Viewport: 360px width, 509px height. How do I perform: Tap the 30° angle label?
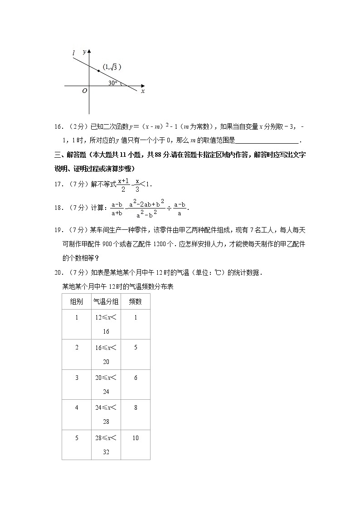click(x=113, y=82)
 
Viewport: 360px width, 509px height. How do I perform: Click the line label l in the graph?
click(x=73, y=53)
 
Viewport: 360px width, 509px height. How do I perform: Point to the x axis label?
click(x=142, y=91)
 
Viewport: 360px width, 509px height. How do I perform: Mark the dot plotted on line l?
click(x=98, y=71)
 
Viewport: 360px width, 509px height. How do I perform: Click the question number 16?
click(x=58, y=127)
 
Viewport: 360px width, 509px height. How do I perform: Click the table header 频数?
click(x=136, y=301)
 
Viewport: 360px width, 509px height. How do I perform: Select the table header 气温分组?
click(x=106, y=301)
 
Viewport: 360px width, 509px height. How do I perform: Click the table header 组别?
click(x=76, y=301)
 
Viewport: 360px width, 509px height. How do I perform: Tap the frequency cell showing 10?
click(x=136, y=438)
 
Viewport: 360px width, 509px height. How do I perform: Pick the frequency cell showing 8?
click(x=136, y=407)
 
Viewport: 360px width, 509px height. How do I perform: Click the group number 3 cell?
click(x=77, y=378)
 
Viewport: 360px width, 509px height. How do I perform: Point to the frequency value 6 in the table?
click(x=136, y=378)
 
